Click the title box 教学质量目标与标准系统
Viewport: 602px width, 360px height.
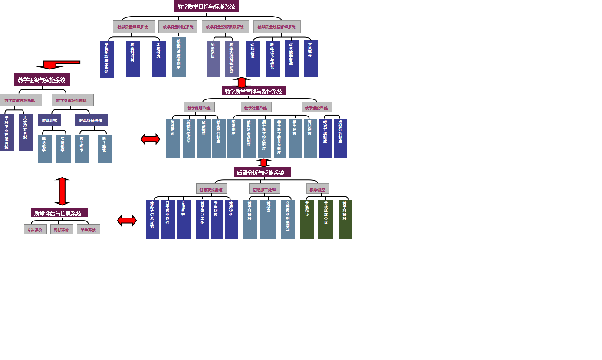pos(206,6)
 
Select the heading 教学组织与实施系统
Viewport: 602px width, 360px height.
pos(42,79)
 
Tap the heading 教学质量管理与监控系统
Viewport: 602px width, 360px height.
pos(254,91)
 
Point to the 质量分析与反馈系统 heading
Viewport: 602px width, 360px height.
pos(262,172)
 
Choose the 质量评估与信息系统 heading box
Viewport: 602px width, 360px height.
pos(59,213)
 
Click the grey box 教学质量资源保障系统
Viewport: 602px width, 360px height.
pos(225,26)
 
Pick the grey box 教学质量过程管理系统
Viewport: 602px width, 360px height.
pos(277,26)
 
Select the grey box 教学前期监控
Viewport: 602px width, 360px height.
pos(199,107)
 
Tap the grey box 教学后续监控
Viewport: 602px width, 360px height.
pos(317,107)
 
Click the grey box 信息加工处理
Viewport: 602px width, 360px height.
pos(264,189)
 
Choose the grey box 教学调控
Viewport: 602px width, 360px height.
pos(318,189)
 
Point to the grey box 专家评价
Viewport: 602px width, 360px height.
pos(35,229)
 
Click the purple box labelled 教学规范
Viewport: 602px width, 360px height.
pos(49,120)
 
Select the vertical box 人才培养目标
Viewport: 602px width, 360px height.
pos(26,132)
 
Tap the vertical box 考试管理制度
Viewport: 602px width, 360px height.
pos(326,138)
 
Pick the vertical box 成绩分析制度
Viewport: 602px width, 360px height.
pos(341,138)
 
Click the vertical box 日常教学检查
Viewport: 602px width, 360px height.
pos(168,219)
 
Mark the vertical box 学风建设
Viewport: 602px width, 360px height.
pos(311,59)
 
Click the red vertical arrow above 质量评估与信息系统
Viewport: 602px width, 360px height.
pos(62,191)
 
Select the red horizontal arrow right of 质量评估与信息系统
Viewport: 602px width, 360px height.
pos(127,221)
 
